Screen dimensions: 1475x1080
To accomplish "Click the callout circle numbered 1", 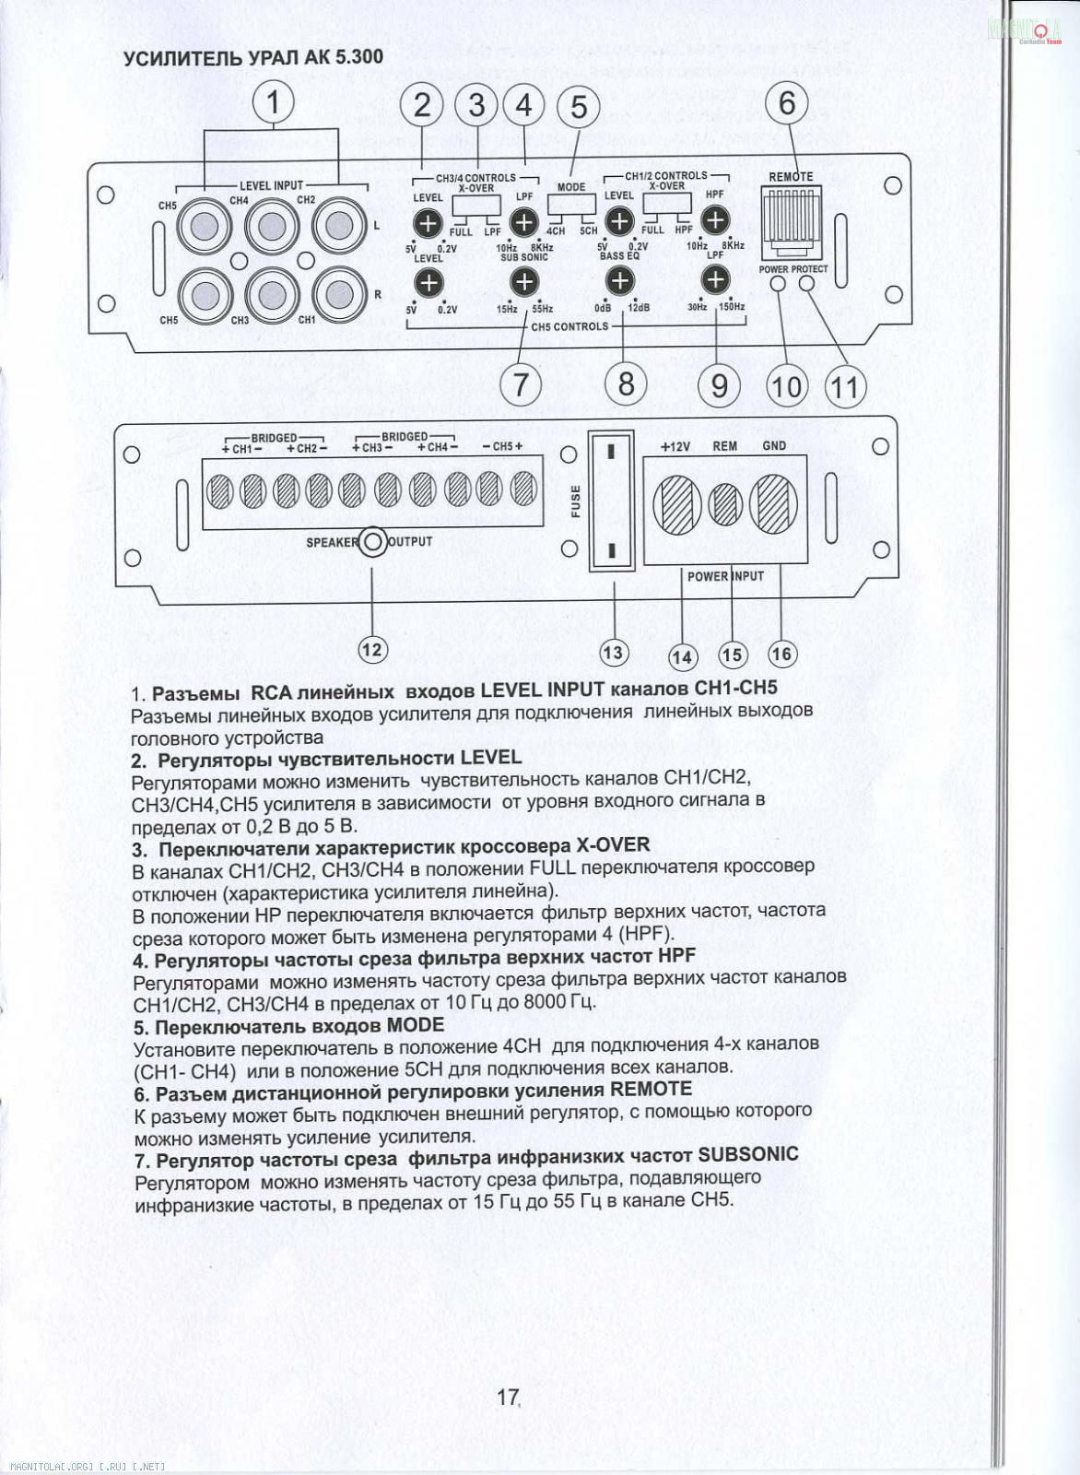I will pos(273,101).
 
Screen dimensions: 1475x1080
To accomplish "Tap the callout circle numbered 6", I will pos(786,102).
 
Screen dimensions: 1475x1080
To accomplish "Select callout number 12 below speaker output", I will pos(371,649).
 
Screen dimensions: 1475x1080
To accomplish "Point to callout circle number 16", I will pos(781,654).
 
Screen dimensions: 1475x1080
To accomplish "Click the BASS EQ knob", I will pos(620,280).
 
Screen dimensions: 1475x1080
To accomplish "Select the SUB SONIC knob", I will pos(523,280).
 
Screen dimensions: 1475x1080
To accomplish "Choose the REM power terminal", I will pos(726,504).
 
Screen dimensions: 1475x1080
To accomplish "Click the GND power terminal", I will pos(774,504).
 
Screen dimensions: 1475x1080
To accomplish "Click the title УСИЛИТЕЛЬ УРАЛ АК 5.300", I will pos(253,57).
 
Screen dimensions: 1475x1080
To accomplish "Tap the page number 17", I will pos(508,1397).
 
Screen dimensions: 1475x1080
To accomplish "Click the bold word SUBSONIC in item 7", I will pos(748,1154).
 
